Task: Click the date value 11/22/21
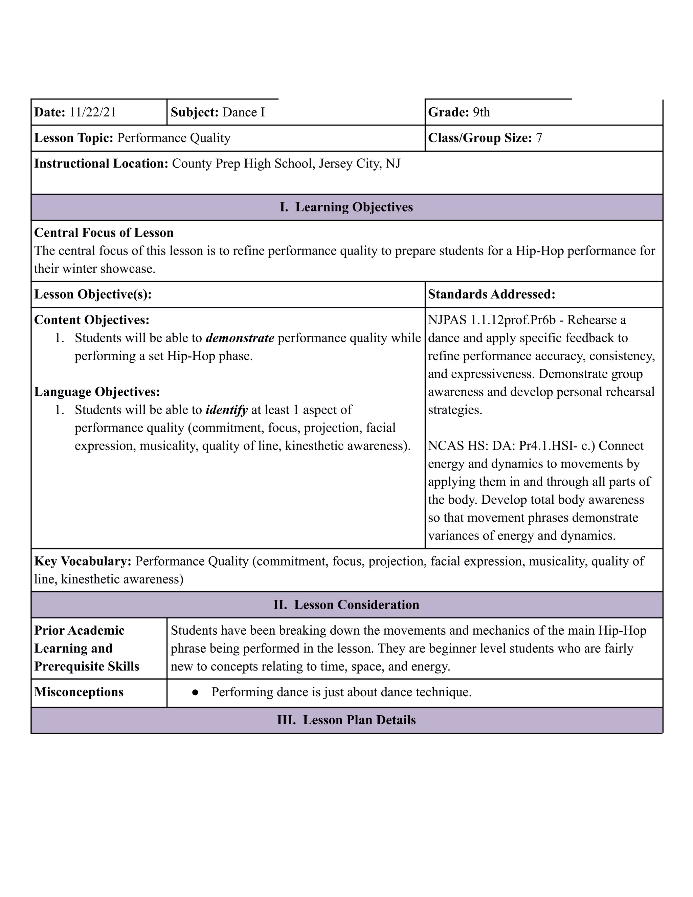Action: tap(92, 112)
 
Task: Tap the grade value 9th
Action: tap(481, 112)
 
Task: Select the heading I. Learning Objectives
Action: tap(346, 207)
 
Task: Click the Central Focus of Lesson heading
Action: tap(104, 233)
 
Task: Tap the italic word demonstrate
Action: tap(240, 338)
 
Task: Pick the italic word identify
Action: tap(227, 410)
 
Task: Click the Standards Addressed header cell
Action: tap(491, 294)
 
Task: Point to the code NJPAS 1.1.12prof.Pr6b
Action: tap(491, 320)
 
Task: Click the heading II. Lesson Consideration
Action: tap(346, 605)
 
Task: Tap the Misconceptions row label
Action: tap(79, 692)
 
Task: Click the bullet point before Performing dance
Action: tap(196, 693)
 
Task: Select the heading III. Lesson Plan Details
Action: tap(346, 720)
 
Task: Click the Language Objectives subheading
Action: tap(97, 392)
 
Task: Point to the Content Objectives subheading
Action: tap(92, 320)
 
